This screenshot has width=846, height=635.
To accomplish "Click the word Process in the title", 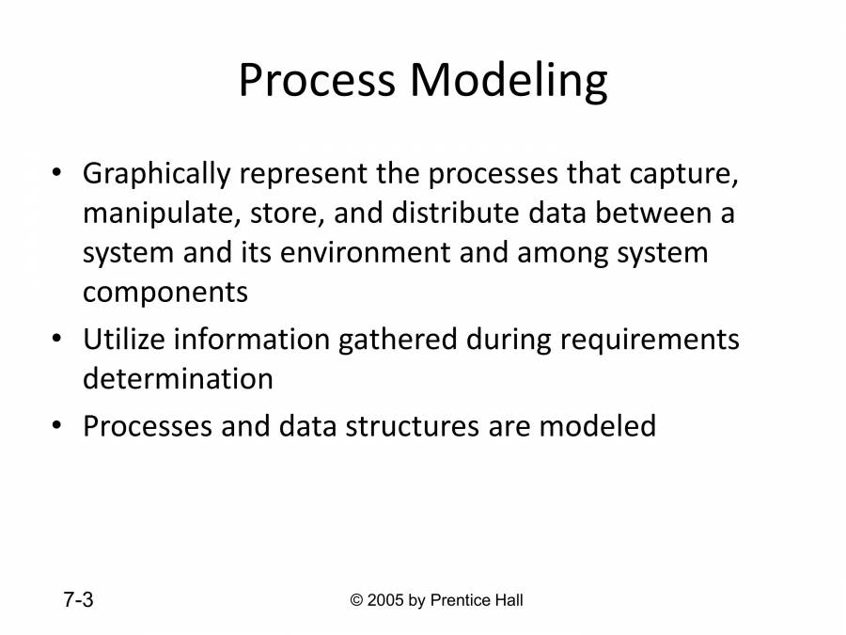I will pos(318,81).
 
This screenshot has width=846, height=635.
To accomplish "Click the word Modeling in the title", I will pos(508,83).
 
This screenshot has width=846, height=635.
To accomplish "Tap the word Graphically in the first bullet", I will pos(156,175).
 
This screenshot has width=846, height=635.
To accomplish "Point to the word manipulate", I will pos(162,214).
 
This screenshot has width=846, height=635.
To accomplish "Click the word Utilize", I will pos(118,339).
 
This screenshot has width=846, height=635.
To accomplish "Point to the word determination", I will pos(178,378).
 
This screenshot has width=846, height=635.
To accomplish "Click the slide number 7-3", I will pos(78,600).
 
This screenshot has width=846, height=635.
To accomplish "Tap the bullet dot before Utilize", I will pos(57,339).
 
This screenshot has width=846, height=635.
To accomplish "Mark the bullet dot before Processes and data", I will pos(57,426).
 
